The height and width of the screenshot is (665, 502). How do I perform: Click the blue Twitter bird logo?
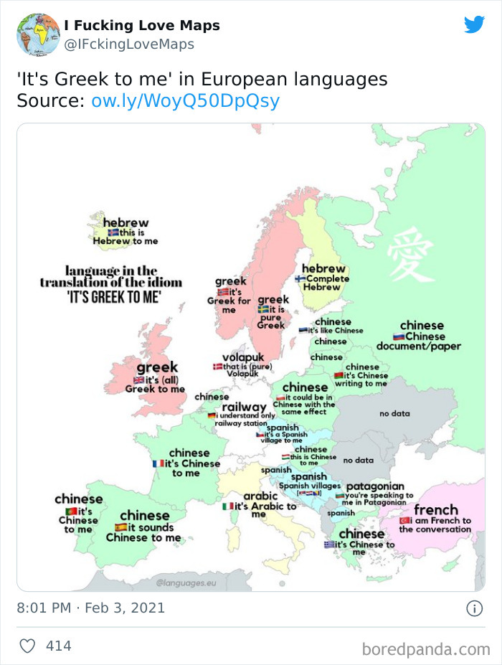tap(474, 24)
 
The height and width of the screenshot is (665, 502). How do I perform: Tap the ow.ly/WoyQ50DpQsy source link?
tap(185, 101)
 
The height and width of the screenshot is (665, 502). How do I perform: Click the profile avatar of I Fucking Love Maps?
tap(38, 34)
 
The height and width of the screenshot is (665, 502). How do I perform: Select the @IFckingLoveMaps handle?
tap(129, 44)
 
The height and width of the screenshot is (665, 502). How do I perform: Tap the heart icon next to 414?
tap(27, 646)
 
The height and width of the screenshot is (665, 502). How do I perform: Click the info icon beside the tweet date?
tap(474, 608)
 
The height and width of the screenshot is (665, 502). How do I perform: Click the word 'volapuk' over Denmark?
tap(243, 357)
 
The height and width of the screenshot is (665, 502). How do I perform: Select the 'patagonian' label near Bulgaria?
tap(375, 486)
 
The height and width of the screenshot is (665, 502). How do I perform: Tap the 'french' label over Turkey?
tap(435, 510)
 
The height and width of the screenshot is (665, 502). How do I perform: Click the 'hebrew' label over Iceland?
tap(126, 223)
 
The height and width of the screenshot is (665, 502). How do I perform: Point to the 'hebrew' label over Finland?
tap(323, 268)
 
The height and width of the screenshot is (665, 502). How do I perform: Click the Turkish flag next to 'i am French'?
tap(404, 520)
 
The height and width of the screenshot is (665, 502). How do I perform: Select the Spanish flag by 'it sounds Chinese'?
tap(120, 528)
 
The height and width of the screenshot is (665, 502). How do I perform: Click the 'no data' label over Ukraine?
tap(394, 413)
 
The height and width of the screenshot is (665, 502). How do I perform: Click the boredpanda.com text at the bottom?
tap(426, 649)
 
